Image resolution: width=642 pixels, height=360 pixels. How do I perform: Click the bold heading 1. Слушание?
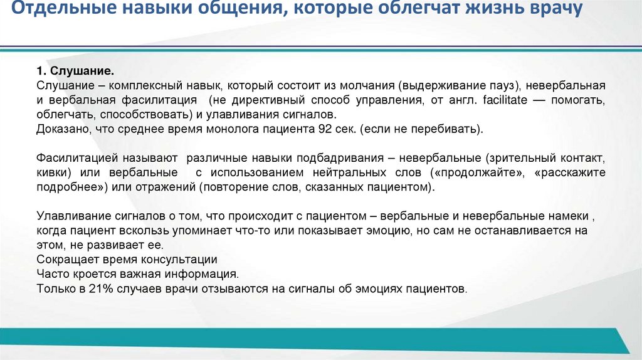pyautogui.click(x=75, y=71)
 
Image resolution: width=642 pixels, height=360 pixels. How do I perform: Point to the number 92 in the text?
pyautogui.click(x=347, y=129)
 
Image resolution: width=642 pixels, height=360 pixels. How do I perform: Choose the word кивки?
pyautogui.click(x=53, y=172)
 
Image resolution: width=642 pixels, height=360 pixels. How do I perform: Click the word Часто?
pyautogui.click(x=51, y=274)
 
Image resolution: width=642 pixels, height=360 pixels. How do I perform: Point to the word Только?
pyautogui.click(x=55, y=290)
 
